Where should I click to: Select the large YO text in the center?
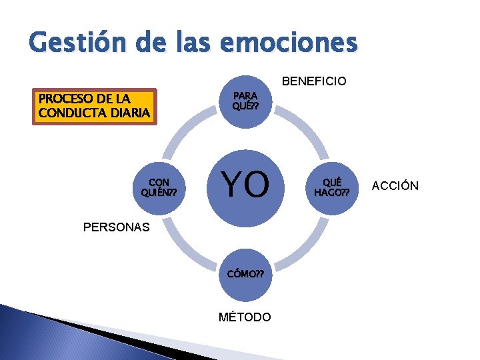246,185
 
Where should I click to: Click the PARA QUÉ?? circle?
245,101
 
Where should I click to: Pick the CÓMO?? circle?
245,273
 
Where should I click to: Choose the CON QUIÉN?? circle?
160,187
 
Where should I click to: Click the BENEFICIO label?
314,81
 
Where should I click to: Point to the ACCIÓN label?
395,186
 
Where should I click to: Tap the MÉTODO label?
245,317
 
